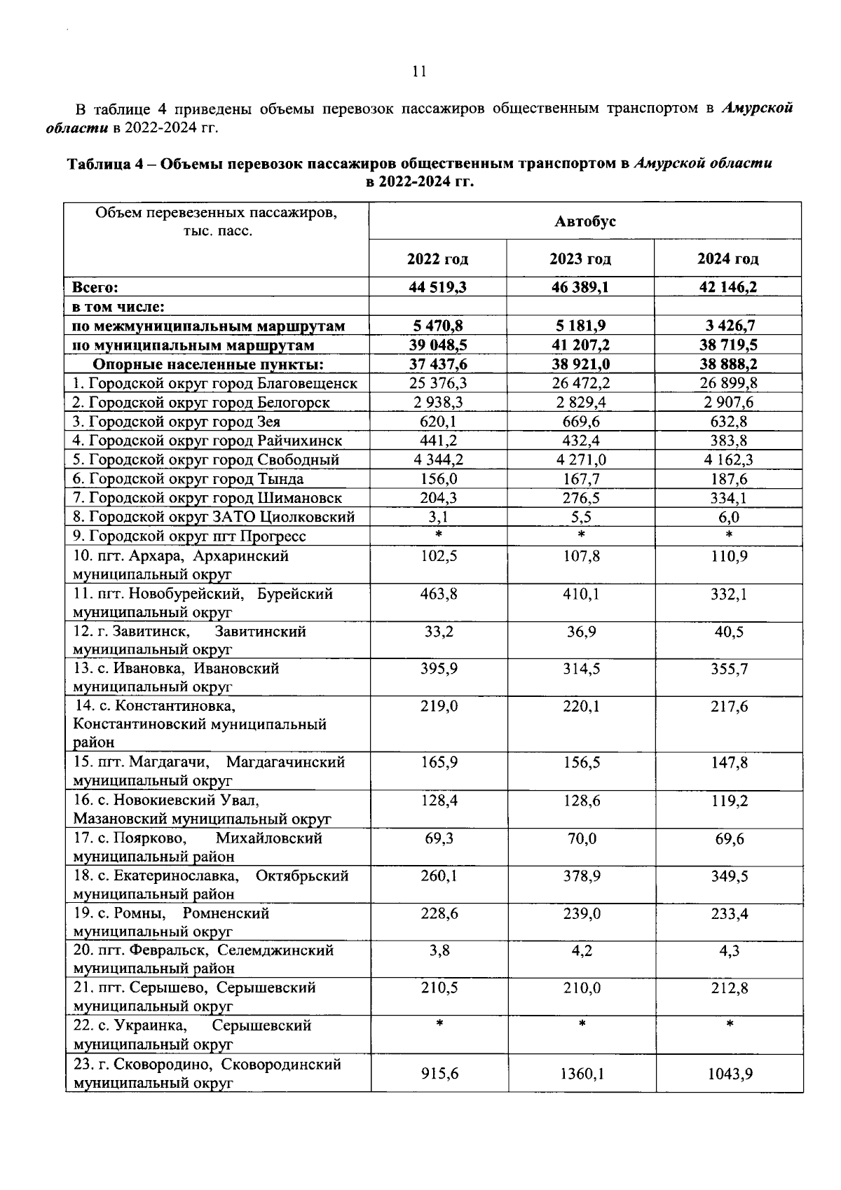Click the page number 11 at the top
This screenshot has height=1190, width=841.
pyautogui.click(x=419, y=71)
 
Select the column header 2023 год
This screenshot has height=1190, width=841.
pyautogui.click(x=580, y=259)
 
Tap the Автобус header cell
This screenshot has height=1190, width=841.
pyautogui.click(x=584, y=221)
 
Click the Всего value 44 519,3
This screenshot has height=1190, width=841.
pyautogui.click(x=437, y=287)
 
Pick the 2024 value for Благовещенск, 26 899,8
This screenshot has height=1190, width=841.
pyautogui.click(x=727, y=383)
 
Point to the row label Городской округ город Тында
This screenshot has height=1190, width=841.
pyautogui.click(x=189, y=479)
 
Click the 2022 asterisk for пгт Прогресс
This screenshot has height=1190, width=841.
pyautogui.click(x=438, y=536)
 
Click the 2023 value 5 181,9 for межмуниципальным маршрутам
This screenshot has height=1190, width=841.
pyautogui.click(x=580, y=326)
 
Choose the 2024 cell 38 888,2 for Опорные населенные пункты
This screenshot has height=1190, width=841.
pyautogui.click(x=727, y=364)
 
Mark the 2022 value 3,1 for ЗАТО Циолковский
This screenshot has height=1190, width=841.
pyautogui.click(x=438, y=517)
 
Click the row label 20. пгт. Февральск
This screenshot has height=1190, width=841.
pyautogui.click(x=140, y=950)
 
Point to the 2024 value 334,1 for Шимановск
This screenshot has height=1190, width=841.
pyautogui.click(x=729, y=498)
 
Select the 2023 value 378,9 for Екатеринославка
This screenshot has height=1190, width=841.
pyautogui.click(x=580, y=876)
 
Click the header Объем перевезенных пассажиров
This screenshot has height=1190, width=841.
pyautogui.click(x=216, y=213)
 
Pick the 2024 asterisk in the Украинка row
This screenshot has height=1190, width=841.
pyautogui.click(x=729, y=1025)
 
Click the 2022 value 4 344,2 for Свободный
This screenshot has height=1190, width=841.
pyautogui.click(x=437, y=460)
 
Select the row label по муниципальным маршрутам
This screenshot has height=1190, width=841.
pyautogui.click(x=193, y=345)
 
